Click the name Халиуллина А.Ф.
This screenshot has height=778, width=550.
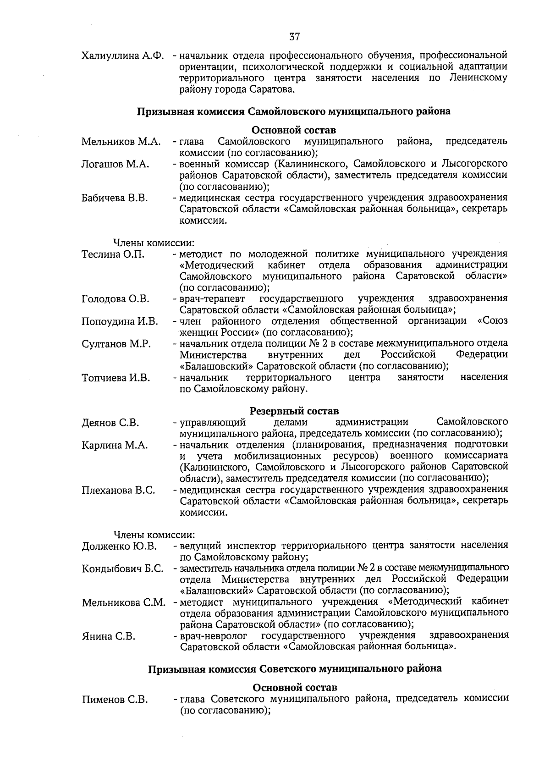click(122, 56)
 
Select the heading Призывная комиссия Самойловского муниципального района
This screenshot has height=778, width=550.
click(294, 111)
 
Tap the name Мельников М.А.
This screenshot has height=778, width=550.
click(121, 142)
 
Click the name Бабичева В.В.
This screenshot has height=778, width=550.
click(115, 198)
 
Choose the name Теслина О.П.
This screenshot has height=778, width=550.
click(113, 254)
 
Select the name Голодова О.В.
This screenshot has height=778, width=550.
click(115, 299)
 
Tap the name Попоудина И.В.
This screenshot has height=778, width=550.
click(120, 322)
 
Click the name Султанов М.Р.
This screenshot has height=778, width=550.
click(116, 344)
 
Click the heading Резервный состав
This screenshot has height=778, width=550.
click(294, 410)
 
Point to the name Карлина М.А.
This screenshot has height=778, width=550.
click(115, 445)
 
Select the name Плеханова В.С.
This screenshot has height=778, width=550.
click(118, 491)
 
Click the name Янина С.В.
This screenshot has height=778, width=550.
click(108, 636)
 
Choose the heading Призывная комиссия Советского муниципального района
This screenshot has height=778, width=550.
click(295, 668)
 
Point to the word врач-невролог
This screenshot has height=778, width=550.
click(214, 635)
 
